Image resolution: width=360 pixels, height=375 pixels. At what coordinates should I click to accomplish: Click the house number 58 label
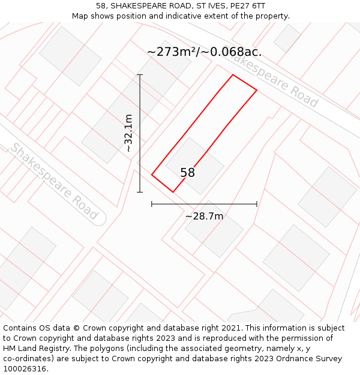tap(187, 173)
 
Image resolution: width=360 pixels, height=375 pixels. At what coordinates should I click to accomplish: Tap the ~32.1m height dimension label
tap(128, 133)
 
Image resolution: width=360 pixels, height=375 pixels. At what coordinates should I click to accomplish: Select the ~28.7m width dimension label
tap(204, 216)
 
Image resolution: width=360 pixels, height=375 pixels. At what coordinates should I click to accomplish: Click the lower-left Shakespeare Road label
tap(53, 181)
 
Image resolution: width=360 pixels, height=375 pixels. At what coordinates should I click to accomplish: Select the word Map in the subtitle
tap(80, 16)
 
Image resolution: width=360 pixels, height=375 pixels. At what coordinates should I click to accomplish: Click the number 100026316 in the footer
tap(25, 369)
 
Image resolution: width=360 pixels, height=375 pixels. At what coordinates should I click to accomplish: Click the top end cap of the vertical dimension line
tap(140, 74)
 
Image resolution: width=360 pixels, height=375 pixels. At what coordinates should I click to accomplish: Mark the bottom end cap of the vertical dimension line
tap(140, 192)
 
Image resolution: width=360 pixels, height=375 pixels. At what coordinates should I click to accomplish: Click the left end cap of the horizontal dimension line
tap(152, 204)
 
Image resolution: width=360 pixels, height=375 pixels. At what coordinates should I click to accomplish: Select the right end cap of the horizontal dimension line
tap(257, 204)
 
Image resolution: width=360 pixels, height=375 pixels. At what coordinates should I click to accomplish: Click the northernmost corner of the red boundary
tap(233, 74)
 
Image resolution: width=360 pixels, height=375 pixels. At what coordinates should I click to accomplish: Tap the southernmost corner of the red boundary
tap(173, 192)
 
